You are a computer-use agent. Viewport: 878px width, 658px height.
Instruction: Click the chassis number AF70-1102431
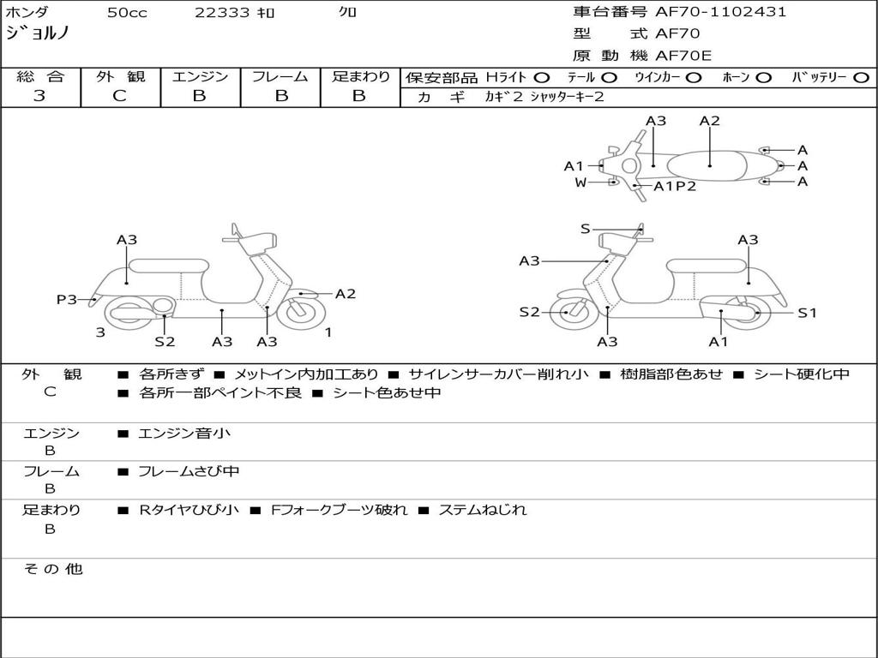point(720,12)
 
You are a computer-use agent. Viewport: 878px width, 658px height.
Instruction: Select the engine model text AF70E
point(683,56)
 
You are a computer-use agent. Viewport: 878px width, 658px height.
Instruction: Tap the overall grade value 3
point(39,96)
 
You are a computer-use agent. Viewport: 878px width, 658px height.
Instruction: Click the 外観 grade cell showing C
point(120,96)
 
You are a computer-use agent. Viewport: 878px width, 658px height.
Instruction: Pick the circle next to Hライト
point(542,78)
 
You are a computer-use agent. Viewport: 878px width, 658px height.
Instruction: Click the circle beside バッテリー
point(861,78)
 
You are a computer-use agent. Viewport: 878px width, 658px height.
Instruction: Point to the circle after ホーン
point(764,78)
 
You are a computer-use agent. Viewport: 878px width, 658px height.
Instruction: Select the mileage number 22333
point(222,12)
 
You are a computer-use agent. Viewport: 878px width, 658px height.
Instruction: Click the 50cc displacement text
point(127,12)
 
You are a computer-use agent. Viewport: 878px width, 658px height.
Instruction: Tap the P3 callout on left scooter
point(67,299)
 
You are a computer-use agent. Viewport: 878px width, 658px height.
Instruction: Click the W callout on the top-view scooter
point(580,182)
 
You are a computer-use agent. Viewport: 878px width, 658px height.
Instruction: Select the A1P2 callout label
point(675,186)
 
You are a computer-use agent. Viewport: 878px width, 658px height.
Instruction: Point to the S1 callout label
point(807,313)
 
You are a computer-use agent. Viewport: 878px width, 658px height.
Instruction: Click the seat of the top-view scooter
point(707,166)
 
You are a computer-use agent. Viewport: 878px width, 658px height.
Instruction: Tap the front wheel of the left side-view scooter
point(301,314)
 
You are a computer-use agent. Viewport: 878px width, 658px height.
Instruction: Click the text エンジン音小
point(184,433)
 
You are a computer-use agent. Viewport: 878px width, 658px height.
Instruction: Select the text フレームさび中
point(189,471)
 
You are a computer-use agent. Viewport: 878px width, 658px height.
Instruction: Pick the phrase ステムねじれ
point(483,510)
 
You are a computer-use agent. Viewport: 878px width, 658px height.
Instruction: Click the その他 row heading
point(53,569)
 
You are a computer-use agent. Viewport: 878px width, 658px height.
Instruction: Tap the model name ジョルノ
point(37,33)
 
